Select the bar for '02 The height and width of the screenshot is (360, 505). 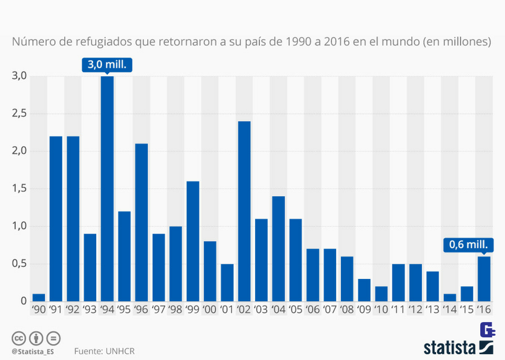244,211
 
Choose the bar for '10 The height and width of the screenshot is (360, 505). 381,294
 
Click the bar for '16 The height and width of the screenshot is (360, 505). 484,278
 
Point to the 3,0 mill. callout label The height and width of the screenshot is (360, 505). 107,65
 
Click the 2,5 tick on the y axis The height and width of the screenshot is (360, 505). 19,114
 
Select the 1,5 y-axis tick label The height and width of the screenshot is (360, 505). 19,189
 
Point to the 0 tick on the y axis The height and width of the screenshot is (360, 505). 23,301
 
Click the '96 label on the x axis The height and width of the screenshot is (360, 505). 142,310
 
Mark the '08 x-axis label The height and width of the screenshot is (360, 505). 347,310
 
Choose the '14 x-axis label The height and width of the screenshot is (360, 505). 450,310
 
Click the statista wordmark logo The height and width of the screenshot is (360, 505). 450,347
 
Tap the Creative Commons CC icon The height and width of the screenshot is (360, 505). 19,337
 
